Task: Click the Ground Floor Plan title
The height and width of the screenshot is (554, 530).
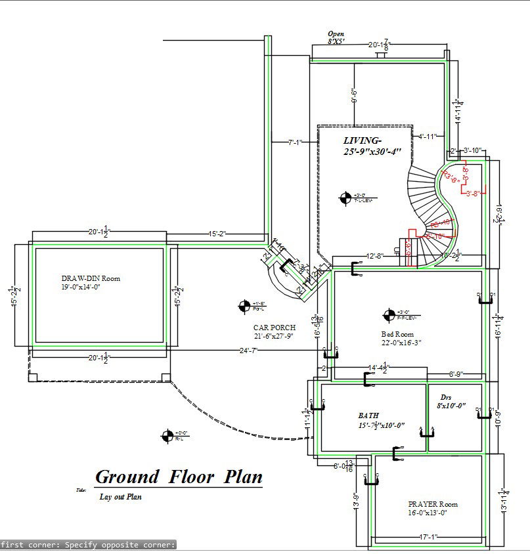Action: (179, 477)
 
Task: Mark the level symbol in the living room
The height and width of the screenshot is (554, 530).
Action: (345, 197)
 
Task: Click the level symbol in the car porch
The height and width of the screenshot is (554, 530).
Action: (244, 305)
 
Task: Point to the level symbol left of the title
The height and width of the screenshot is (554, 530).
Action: (167, 435)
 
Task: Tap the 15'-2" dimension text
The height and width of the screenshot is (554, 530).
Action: (218, 234)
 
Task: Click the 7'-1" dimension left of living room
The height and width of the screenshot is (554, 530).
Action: (294, 142)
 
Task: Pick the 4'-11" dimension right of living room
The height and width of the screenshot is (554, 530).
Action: (428, 137)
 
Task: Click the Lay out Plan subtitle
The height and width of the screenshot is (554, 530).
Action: (121, 497)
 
